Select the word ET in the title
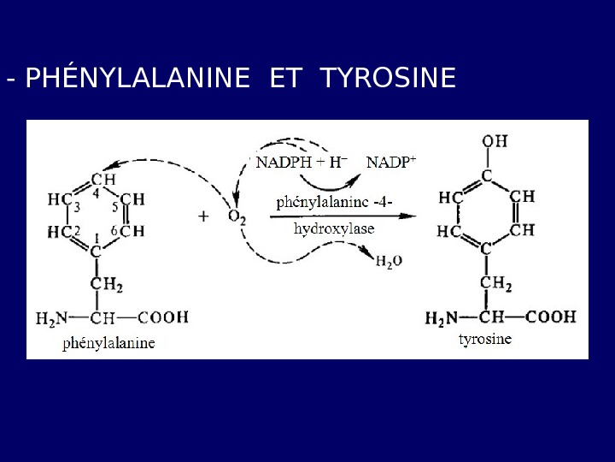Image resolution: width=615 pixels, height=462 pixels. tap(285, 79)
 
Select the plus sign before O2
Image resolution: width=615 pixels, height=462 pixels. tap(203, 217)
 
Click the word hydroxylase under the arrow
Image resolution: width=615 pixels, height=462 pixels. tap(334, 229)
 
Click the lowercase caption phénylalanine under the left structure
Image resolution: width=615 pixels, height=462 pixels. tap(109, 343)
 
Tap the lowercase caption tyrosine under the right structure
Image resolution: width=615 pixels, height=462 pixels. tap(485, 339)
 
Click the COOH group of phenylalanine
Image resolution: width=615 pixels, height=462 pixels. tap(162, 317)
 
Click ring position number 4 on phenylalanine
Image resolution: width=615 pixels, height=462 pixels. tap(97, 192)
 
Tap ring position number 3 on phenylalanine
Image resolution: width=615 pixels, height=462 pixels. tap(77, 207)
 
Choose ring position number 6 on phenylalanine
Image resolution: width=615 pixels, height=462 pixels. tap(114, 231)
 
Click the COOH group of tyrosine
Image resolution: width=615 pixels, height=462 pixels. tap(550, 317)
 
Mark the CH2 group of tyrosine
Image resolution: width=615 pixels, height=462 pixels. tap(495, 283)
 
